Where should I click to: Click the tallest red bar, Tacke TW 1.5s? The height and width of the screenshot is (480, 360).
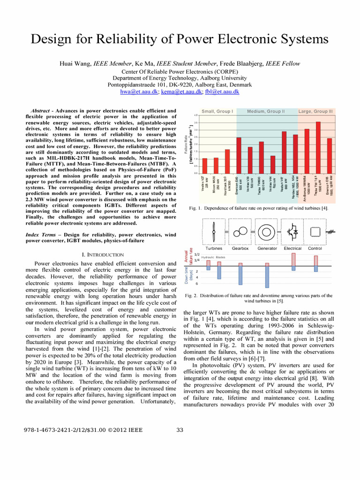tap(318, 147)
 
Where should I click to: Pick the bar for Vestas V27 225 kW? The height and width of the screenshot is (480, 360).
tap(204, 165)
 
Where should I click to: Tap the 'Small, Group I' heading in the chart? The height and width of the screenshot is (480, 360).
tap(217, 111)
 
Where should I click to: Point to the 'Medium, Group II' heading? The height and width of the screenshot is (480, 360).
tap(266, 111)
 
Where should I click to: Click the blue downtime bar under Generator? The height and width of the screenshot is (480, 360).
tap(267, 277)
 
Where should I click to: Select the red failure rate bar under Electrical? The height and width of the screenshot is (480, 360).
tap(293, 259)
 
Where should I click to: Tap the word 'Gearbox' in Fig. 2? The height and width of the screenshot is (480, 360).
tap(240, 248)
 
